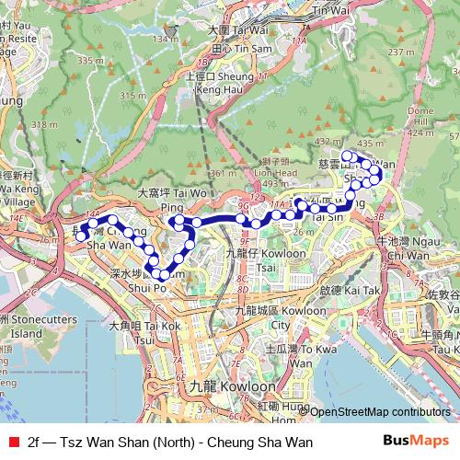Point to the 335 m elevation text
[91, 61]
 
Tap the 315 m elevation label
[133, 96]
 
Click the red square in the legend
[11, 443]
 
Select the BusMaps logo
[416, 442]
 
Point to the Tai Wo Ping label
[172, 201]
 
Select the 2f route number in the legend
[35, 443]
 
